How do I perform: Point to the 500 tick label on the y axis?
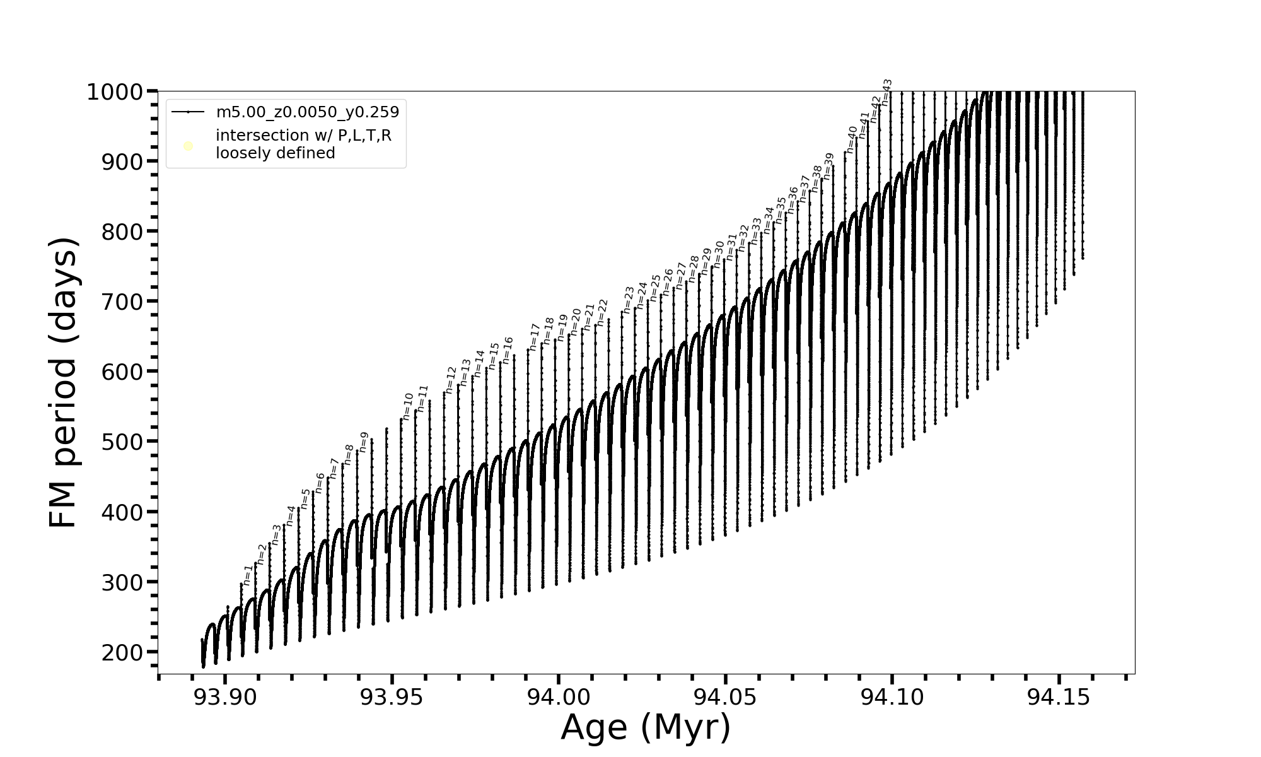coord(122,442)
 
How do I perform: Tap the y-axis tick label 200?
coord(122,652)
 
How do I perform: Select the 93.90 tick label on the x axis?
coord(225,697)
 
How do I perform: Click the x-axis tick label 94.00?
coord(559,697)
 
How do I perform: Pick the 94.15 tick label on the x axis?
coord(1059,697)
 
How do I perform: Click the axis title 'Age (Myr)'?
coord(646,727)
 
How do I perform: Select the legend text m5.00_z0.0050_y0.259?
coord(308,112)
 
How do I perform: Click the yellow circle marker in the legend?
coord(188,146)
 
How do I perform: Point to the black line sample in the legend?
coord(188,112)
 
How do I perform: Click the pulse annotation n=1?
coord(248,575)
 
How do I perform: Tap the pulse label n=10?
coord(407,406)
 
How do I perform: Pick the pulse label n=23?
coord(628,299)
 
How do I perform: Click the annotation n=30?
coord(719,252)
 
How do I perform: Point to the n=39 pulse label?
coord(828,166)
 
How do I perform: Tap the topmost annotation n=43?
coord(886,91)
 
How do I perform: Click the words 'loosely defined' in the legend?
coord(276,153)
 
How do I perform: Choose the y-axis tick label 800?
coord(122,232)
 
